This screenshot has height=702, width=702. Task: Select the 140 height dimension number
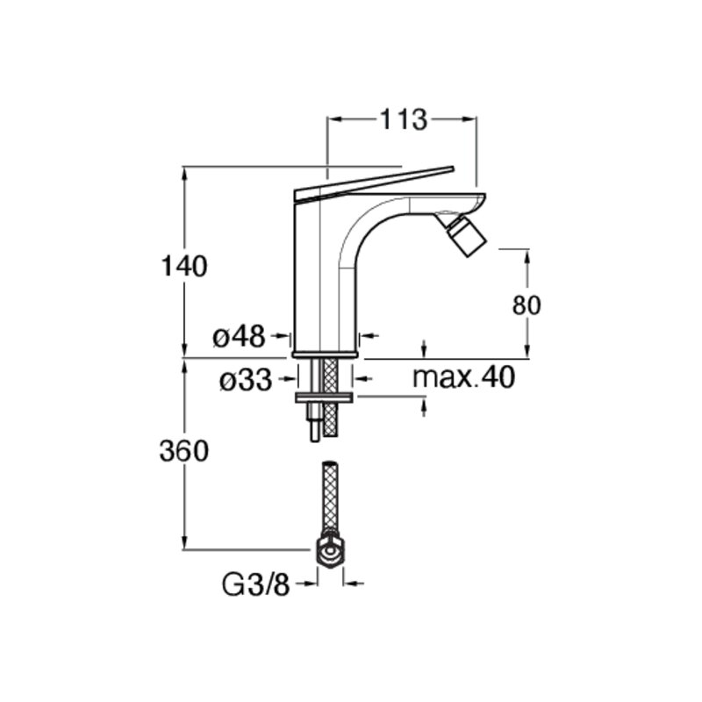coord(184,267)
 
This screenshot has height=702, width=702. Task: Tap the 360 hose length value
coord(184,451)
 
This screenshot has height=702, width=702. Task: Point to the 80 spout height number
coord(526,305)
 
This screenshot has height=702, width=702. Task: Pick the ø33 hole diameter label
coord(246,381)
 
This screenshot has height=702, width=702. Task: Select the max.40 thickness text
coord(463,377)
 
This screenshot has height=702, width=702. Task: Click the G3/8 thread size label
coord(256,585)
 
